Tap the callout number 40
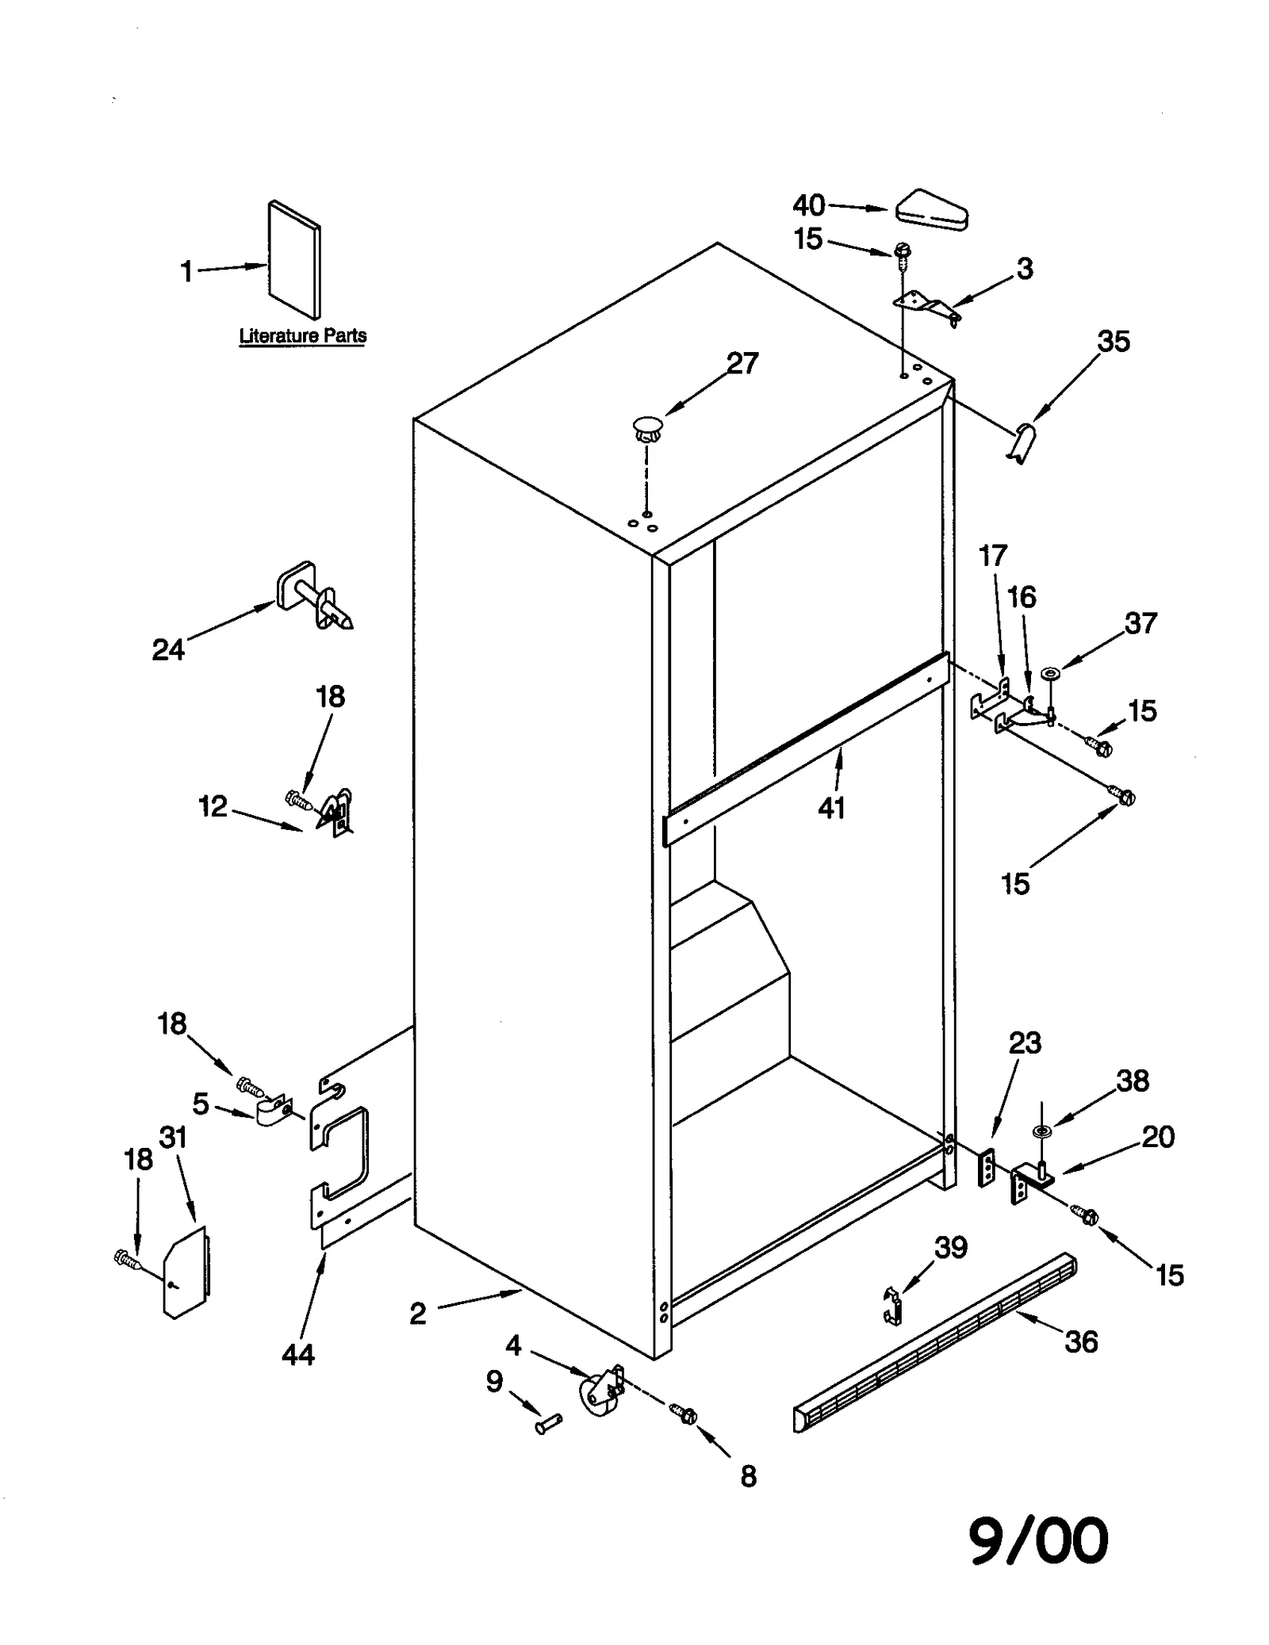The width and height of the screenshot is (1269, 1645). click(x=809, y=206)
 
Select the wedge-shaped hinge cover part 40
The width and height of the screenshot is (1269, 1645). click(x=933, y=209)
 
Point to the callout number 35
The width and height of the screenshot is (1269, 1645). click(x=1113, y=342)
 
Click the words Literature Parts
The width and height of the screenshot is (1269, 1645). click(x=303, y=336)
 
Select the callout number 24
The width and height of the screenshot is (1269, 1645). click(x=168, y=650)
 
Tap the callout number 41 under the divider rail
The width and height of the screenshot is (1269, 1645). click(x=831, y=809)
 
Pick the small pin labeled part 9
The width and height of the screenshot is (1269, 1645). click(x=548, y=1425)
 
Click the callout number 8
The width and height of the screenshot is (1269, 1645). click(x=748, y=1476)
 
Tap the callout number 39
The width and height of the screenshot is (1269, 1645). click(x=950, y=1248)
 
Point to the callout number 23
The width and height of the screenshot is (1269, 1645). click(x=1024, y=1042)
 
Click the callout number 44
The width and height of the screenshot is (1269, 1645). click(x=297, y=1355)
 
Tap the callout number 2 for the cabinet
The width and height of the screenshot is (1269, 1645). click(x=418, y=1314)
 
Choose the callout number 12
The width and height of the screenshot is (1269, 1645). click(x=213, y=806)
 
